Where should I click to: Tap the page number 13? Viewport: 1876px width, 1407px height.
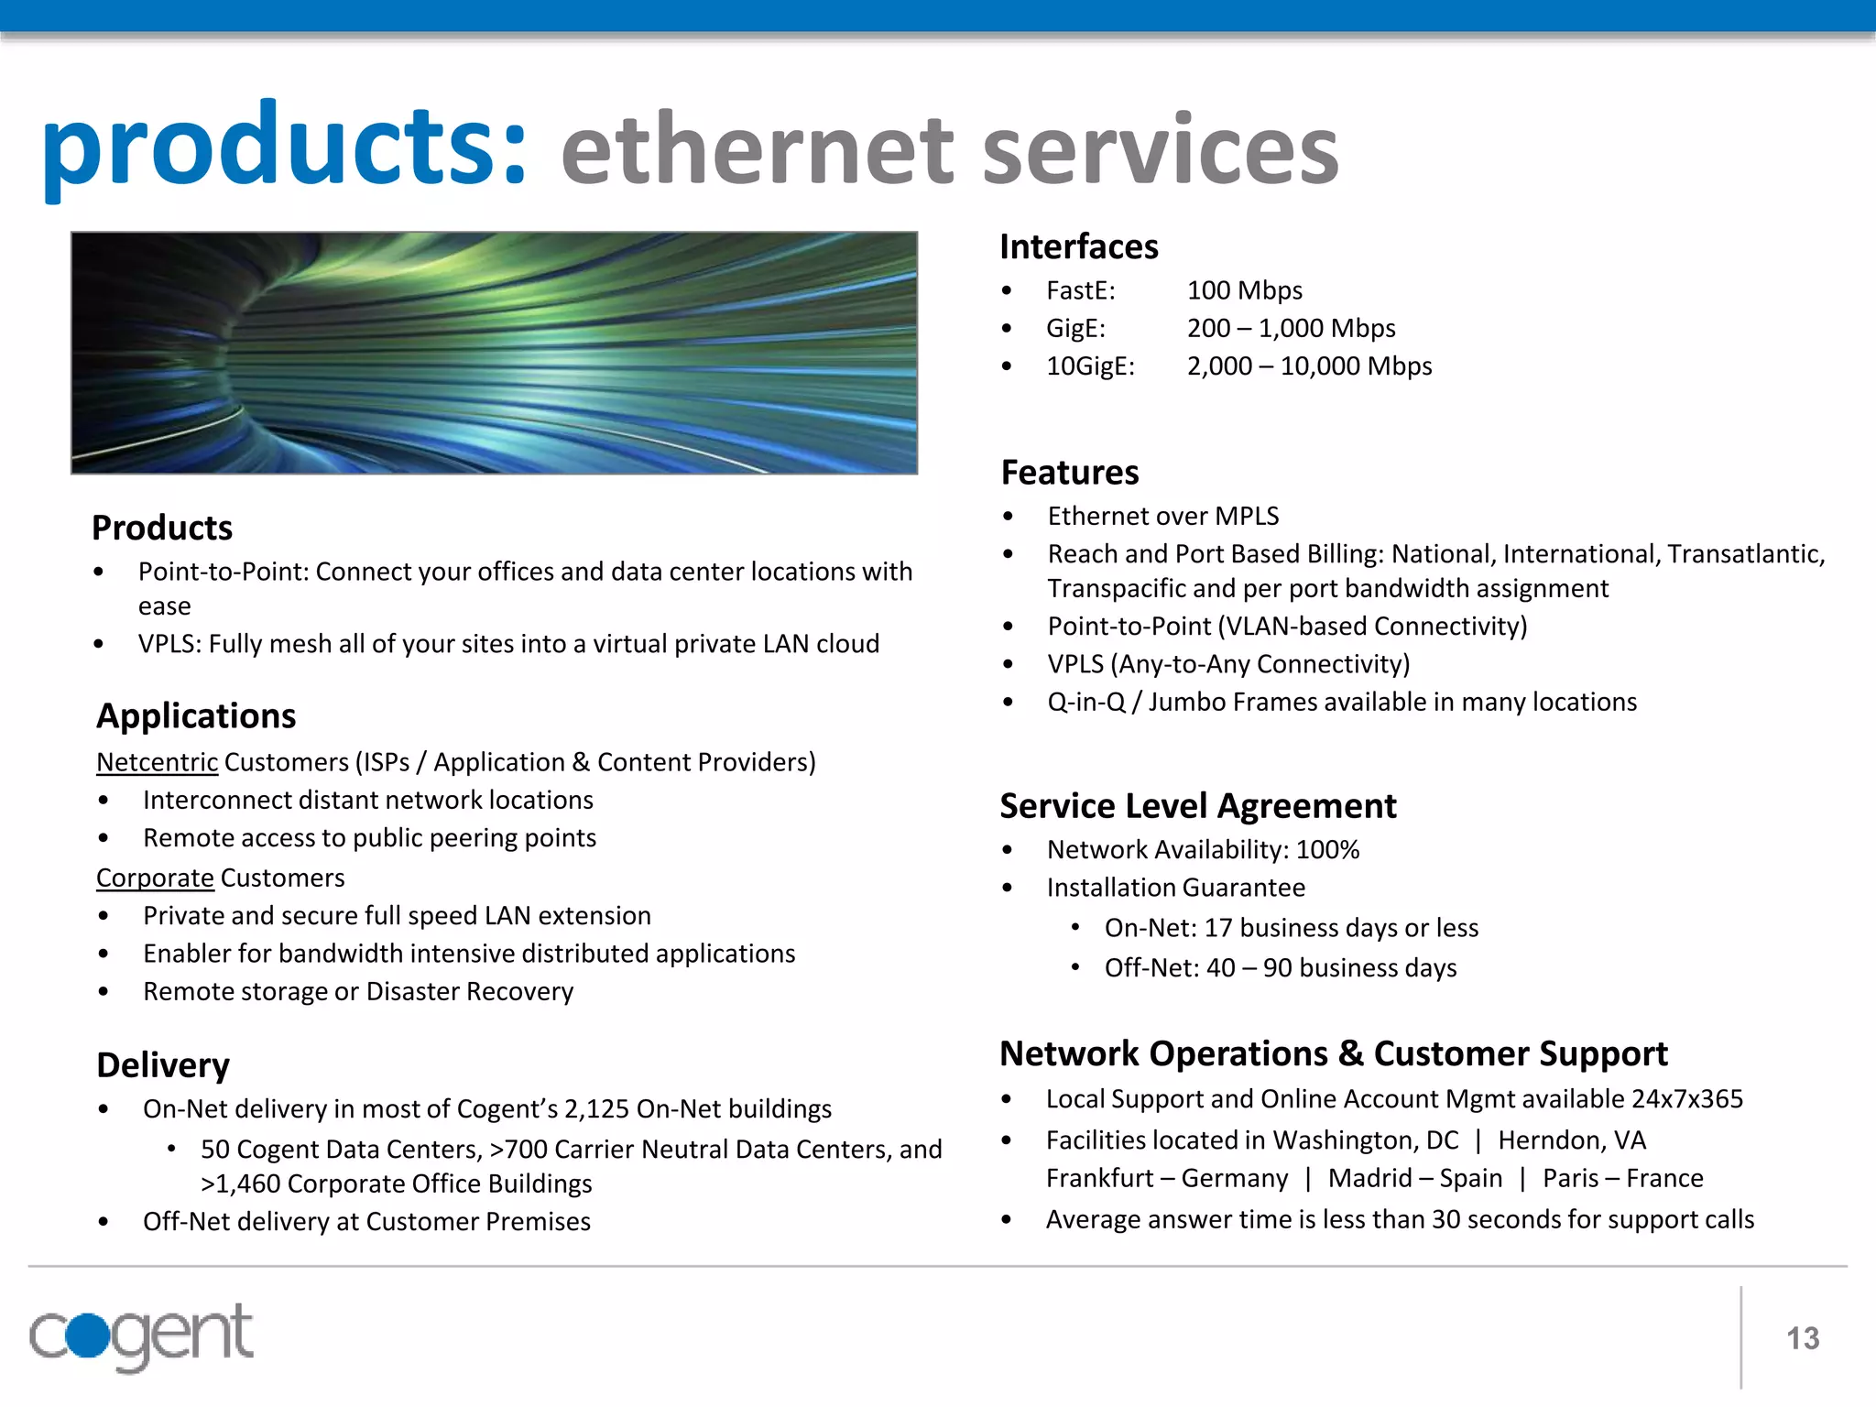1803,1338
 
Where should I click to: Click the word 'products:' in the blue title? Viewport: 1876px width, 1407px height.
285,147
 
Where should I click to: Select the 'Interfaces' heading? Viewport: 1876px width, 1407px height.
1078,246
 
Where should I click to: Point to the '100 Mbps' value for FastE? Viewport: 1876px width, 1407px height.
1244,290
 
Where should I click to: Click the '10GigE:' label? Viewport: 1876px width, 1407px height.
1090,366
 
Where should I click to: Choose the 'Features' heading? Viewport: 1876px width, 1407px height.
1069,473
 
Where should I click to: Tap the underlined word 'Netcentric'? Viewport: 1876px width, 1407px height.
157,762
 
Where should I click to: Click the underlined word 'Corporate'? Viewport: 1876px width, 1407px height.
155,878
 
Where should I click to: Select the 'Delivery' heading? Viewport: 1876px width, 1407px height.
163,1065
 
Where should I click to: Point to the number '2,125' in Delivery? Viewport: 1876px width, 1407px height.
596,1109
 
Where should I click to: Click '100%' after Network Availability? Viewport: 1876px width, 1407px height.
1327,850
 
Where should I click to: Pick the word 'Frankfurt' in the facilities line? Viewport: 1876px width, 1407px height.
1099,1178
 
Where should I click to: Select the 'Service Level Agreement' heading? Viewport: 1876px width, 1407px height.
1197,806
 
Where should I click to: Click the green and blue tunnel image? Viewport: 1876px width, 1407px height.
494,353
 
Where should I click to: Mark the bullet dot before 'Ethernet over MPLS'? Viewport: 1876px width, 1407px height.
1008,517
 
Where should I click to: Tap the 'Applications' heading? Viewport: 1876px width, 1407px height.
196,715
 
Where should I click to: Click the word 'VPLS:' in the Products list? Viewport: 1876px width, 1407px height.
169,644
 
